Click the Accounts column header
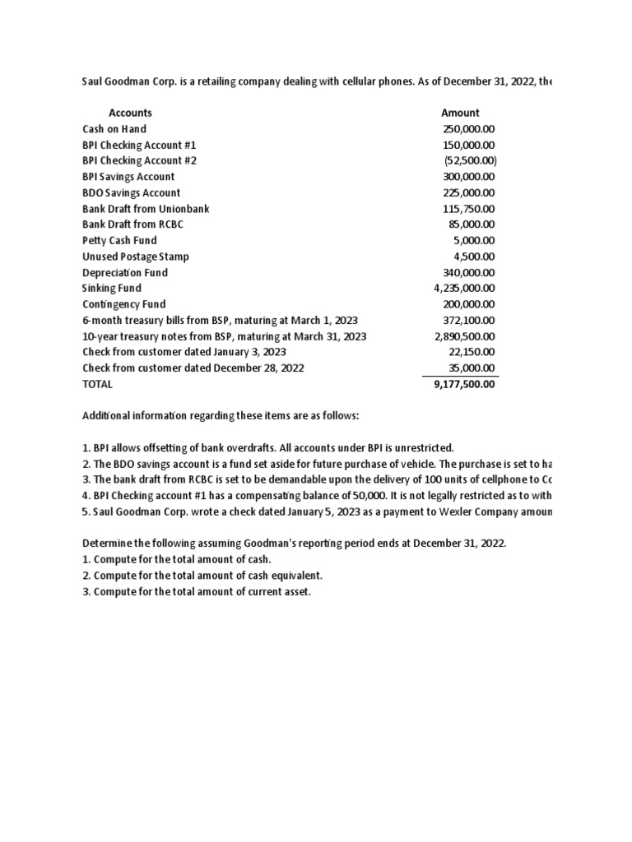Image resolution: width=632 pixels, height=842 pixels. coord(130,113)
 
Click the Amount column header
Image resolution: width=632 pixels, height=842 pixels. coord(460,113)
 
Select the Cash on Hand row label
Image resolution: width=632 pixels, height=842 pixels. coord(114,129)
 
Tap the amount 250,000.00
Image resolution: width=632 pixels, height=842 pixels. coord(469,129)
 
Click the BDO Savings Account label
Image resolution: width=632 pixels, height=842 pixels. coord(132,193)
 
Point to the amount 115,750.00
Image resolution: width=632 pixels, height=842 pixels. coord(469,209)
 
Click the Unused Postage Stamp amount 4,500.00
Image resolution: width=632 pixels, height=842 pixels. coord(476,257)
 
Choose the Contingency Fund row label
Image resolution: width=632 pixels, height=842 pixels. coord(123,304)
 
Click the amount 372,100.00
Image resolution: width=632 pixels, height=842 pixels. coord(469,321)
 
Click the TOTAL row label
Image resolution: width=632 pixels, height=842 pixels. coord(98,384)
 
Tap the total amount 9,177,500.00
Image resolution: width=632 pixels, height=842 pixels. coord(464,384)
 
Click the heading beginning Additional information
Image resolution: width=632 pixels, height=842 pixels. coord(221,416)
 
